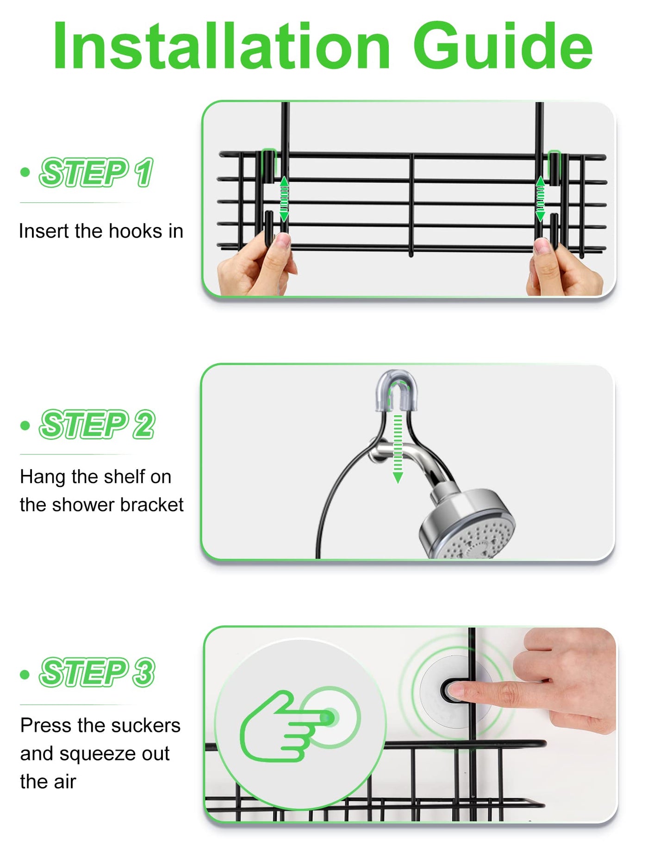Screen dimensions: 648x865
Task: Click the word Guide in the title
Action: coord(503,45)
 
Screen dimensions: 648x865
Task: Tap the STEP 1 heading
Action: coord(96,172)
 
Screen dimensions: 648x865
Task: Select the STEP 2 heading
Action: coord(97,424)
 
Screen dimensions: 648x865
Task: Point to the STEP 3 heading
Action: coord(97,672)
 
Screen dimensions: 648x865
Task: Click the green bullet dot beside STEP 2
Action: coord(25,425)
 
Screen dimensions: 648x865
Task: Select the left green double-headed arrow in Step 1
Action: coord(284,199)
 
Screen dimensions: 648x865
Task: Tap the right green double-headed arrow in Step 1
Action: coord(540,199)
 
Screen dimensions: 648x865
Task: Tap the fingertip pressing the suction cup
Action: coord(456,691)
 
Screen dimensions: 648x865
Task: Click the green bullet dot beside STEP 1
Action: coord(25,172)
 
